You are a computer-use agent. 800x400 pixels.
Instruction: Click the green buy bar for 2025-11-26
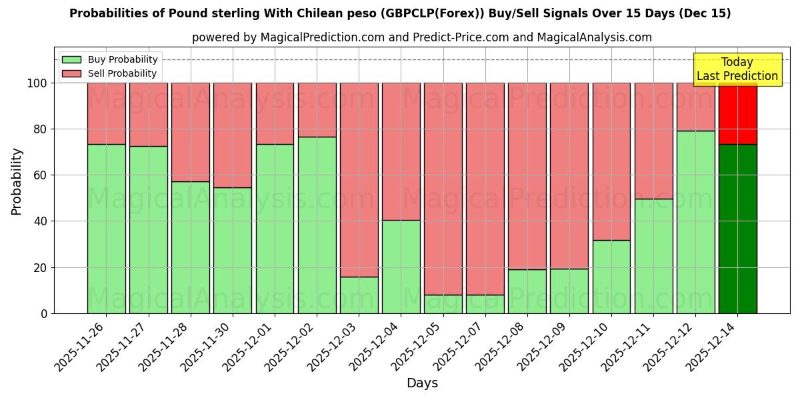(106, 229)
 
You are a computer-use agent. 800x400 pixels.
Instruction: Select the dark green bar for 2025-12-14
(737, 229)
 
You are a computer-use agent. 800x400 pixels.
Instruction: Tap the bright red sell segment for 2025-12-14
(737, 113)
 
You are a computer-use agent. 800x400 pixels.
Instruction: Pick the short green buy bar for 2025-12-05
(443, 304)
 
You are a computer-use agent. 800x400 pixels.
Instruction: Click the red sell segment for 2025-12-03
(359, 180)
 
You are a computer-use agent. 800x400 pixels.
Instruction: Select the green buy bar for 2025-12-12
(695, 222)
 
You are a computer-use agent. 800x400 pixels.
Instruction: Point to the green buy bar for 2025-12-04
(401, 267)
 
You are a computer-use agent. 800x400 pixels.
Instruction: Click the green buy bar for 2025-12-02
(317, 225)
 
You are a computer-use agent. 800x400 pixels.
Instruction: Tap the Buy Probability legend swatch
(71, 60)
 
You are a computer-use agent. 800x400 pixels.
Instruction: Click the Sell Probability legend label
(122, 74)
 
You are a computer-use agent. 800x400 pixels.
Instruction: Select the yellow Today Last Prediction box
(737, 69)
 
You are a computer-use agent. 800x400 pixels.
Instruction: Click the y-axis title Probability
(17, 181)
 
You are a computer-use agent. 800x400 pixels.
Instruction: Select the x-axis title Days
(422, 383)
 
